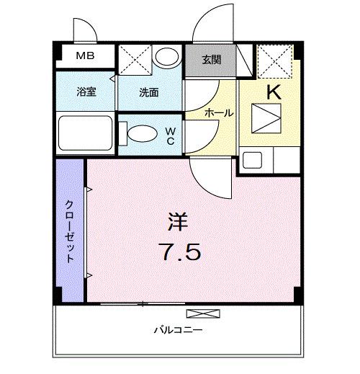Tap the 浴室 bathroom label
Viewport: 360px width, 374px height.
[x=86, y=92]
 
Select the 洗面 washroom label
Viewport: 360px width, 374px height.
[x=150, y=92]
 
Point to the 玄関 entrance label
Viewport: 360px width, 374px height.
[x=210, y=60]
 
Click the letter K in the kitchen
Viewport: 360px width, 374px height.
[x=274, y=92]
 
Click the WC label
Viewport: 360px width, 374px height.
[x=171, y=135]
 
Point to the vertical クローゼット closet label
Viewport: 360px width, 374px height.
[x=70, y=230]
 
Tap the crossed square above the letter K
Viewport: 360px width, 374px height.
[x=274, y=59]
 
